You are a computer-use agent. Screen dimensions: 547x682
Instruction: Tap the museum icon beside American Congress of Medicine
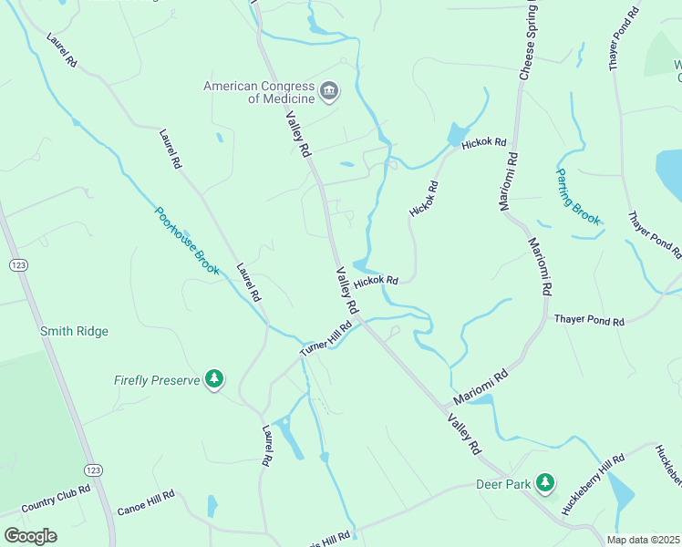point(329,92)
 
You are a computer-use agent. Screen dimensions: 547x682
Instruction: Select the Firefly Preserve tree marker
point(214,379)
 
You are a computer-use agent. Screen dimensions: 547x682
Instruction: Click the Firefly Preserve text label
point(157,380)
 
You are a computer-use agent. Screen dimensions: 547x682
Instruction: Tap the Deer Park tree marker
point(545,482)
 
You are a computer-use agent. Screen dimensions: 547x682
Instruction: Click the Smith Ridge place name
point(74,331)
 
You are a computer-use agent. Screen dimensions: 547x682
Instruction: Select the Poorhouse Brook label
point(187,241)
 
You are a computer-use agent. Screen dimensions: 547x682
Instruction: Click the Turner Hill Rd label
point(326,339)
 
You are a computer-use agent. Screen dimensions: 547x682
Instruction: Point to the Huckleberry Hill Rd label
point(594,485)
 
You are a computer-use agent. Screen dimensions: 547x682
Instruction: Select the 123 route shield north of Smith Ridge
point(17,264)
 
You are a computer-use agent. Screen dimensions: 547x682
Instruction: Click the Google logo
point(30,535)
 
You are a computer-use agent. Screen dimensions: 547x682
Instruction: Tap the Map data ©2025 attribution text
point(642,540)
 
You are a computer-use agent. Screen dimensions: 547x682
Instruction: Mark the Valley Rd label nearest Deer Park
point(464,434)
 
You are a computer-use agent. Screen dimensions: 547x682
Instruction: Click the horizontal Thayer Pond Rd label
point(589,321)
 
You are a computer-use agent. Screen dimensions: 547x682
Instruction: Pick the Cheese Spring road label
point(525,41)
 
